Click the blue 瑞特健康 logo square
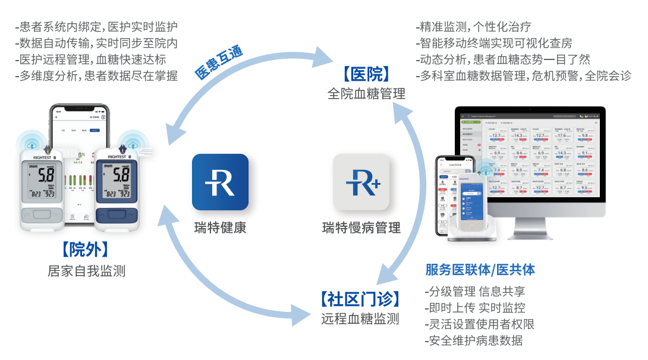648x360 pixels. (x=220, y=182)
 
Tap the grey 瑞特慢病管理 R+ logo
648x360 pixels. (x=361, y=182)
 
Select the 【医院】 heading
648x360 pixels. (x=366, y=74)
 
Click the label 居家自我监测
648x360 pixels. (x=87, y=271)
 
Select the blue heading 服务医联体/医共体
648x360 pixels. (x=480, y=270)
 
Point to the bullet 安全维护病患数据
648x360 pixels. (x=474, y=340)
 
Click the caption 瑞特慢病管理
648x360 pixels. (x=361, y=228)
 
